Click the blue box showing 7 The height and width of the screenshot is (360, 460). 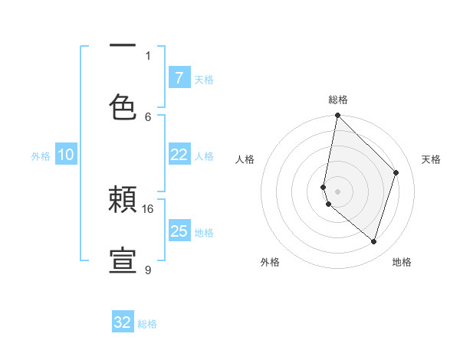(179, 77)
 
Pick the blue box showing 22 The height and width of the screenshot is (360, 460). (179, 155)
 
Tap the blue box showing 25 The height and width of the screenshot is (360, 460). (179, 231)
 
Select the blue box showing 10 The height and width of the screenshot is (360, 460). (66, 155)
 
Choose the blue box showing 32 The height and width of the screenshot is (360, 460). (123, 322)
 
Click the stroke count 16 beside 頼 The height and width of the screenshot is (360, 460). (148, 208)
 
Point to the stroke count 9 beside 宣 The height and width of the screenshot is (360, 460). (148, 270)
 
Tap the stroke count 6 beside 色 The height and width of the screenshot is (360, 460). (148, 116)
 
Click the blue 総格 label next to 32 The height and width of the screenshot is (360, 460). (147, 324)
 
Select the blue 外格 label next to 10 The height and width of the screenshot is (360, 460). (41, 156)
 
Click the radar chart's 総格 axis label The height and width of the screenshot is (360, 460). (337, 100)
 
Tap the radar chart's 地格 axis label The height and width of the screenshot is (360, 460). (402, 262)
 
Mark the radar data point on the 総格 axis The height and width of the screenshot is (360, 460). (337, 115)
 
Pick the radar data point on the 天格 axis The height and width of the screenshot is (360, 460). (396, 172)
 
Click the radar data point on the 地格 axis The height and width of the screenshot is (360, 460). (373, 241)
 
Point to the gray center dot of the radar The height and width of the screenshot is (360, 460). (337, 191)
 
